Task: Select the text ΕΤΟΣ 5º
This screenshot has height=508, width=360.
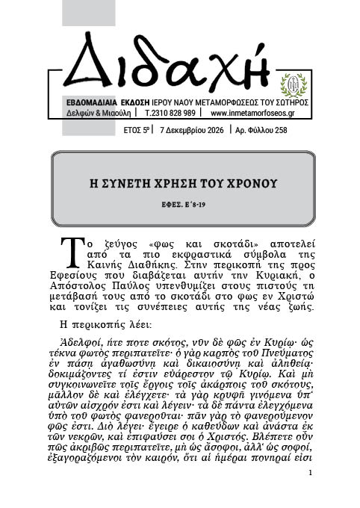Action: pyautogui.click(x=137, y=129)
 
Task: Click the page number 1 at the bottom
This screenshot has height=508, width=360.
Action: pyautogui.click(x=310, y=473)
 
